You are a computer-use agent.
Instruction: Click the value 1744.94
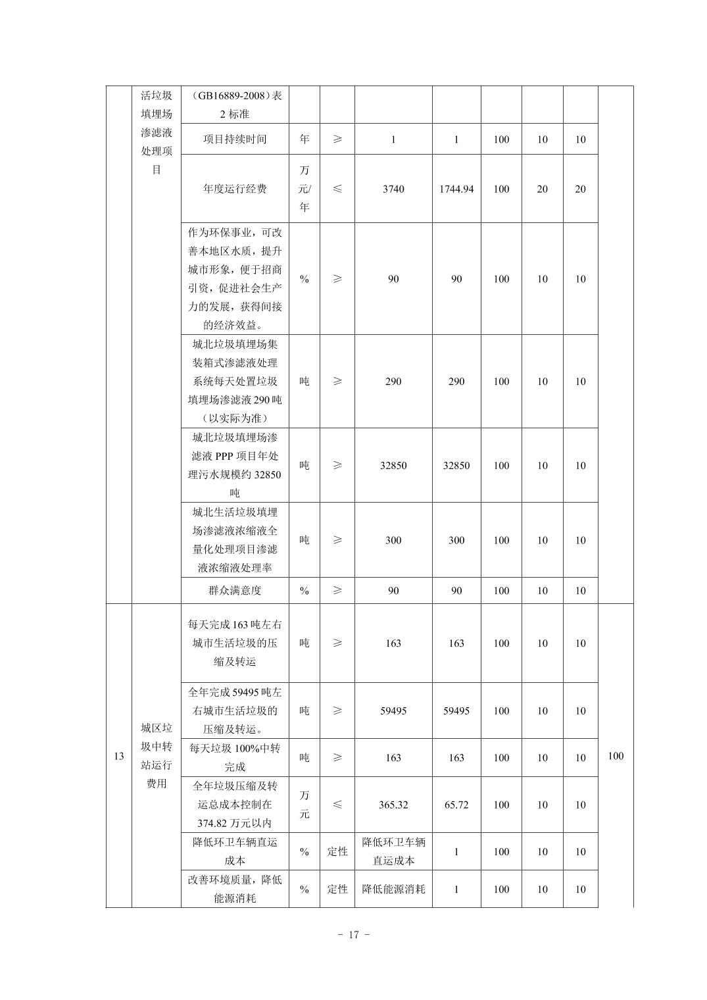coord(456,189)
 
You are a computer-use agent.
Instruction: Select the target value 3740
coord(393,189)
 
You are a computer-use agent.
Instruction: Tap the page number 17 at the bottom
coord(354,935)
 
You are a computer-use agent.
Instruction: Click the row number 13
coord(119,757)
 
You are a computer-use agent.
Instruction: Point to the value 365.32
coord(393,805)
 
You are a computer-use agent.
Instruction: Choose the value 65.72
coord(456,805)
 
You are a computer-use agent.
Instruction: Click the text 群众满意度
coord(235,591)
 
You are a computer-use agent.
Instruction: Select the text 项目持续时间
coord(235,139)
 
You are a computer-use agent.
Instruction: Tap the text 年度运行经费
coord(235,189)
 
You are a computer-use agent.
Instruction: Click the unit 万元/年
coord(305,189)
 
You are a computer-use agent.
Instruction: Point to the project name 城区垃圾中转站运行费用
coord(157,756)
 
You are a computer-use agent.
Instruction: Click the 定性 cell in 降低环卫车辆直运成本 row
coord(337,852)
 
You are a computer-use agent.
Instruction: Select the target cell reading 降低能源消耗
coord(393,889)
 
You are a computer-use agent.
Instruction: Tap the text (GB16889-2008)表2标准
coord(235,105)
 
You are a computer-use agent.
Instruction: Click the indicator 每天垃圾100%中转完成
coord(235,758)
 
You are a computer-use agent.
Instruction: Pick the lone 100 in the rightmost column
coord(616,757)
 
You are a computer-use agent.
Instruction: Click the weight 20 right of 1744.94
coord(543,189)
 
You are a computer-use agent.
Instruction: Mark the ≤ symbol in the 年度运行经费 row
coord(337,189)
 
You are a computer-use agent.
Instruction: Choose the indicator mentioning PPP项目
coord(235,465)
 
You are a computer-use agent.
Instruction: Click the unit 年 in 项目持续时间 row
coord(305,139)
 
